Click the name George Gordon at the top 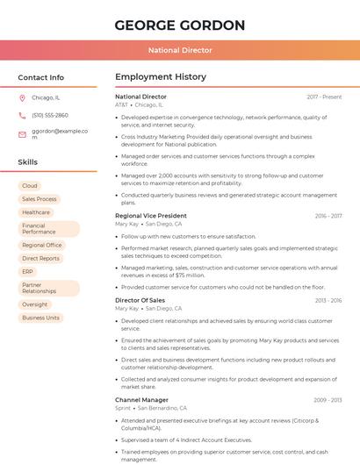click(179, 25)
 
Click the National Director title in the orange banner click(179, 51)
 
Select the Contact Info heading click(40, 77)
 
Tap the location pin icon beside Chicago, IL click(22, 97)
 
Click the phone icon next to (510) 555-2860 click(22, 115)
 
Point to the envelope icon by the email click(22, 134)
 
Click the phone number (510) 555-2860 click(50, 115)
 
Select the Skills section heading click(28, 162)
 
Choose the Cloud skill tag click(30, 186)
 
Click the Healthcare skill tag click(36, 212)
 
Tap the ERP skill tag click(28, 272)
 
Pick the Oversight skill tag click(35, 304)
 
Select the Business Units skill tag click(40, 318)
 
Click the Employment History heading click(161, 77)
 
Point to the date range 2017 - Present click(325, 97)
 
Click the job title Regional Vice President click(151, 216)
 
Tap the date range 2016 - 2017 click(328, 216)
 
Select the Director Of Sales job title click(140, 300)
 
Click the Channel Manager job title click(141, 400)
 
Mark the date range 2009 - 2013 click(328, 400)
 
